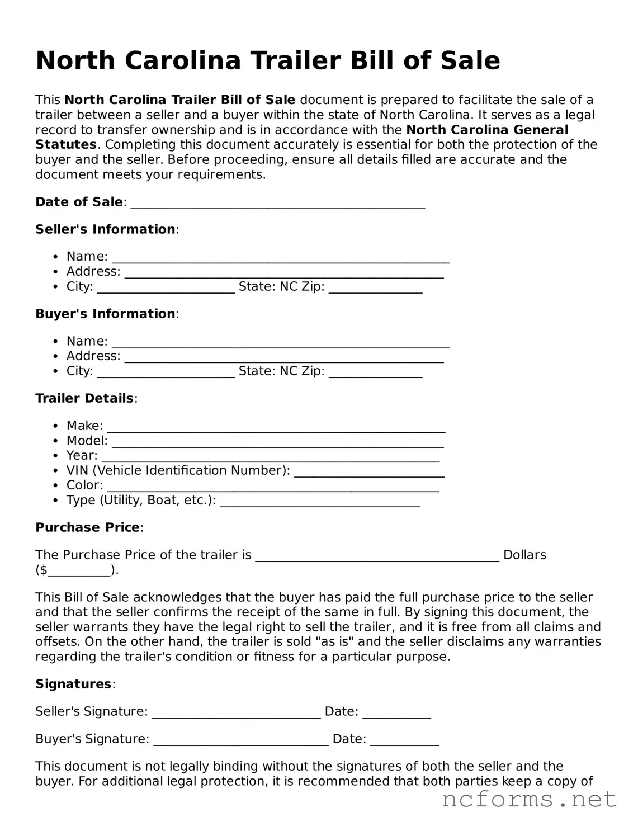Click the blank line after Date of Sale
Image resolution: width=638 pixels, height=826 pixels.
pos(277,204)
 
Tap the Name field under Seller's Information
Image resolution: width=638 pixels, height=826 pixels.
pos(281,258)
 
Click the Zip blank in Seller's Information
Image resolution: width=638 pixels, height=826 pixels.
pos(375,288)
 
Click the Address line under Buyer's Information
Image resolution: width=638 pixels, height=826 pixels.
pos(283,357)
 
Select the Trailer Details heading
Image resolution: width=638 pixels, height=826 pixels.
pos(85,398)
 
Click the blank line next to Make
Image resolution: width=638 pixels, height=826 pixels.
pos(276,427)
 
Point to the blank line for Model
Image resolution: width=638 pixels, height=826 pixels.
pos(278,442)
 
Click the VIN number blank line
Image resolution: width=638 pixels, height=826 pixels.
pos(369,472)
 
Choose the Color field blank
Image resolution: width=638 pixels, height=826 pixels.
pos(272,487)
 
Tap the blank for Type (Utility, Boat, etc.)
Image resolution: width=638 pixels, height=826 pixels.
pos(320,502)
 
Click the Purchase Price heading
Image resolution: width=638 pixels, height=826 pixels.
pos(88,527)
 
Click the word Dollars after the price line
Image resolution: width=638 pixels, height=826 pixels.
pos(524,555)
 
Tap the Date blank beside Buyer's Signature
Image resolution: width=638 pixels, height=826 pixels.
pos(404,740)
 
